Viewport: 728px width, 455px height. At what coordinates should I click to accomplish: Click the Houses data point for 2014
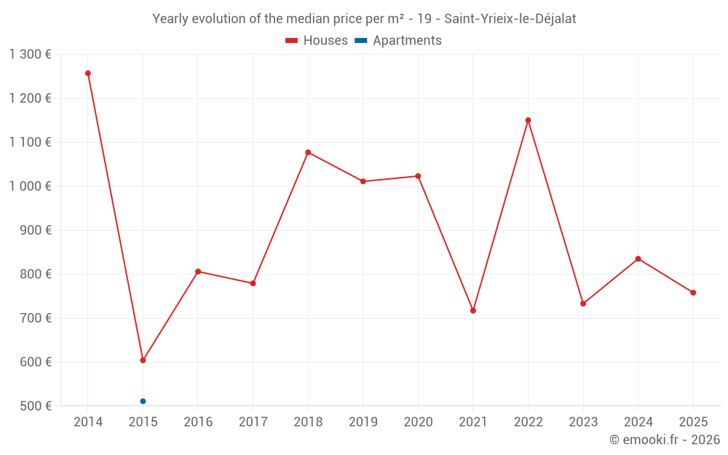tap(88, 74)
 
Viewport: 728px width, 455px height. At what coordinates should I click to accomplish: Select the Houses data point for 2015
tap(143, 360)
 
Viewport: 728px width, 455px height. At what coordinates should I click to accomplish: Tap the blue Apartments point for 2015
tap(143, 401)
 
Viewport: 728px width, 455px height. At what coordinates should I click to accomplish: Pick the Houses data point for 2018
tap(308, 152)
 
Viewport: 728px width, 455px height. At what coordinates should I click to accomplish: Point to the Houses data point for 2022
tap(528, 120)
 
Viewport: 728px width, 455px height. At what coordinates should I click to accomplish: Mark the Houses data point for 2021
tap(473, 311)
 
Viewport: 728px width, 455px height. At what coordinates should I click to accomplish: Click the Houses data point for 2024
tap(638, 258)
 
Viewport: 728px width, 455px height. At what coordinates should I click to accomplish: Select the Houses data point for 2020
tap(418, 176)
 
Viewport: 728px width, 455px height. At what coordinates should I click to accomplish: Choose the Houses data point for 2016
tap(198, 272)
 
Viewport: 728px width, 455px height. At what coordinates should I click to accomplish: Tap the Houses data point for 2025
tap(693, 293)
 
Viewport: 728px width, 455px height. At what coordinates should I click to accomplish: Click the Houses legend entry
tap(316, 41)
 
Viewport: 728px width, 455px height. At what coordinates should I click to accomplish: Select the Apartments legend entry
tap(398, 41)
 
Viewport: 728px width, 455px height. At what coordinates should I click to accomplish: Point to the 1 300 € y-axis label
tap(31, 55)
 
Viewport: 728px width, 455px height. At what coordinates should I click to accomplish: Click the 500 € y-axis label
tap(35, 405)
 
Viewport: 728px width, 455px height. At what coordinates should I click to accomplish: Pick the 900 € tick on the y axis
tap(35, 230)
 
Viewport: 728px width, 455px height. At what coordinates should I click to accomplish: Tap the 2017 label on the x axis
tap(253, 422)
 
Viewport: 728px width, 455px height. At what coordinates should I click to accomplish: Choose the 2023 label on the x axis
tap(583, 422)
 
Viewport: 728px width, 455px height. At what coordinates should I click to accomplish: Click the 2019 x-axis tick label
tap(363, 422)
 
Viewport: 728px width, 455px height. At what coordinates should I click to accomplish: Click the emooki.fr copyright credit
tap(664, 440)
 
